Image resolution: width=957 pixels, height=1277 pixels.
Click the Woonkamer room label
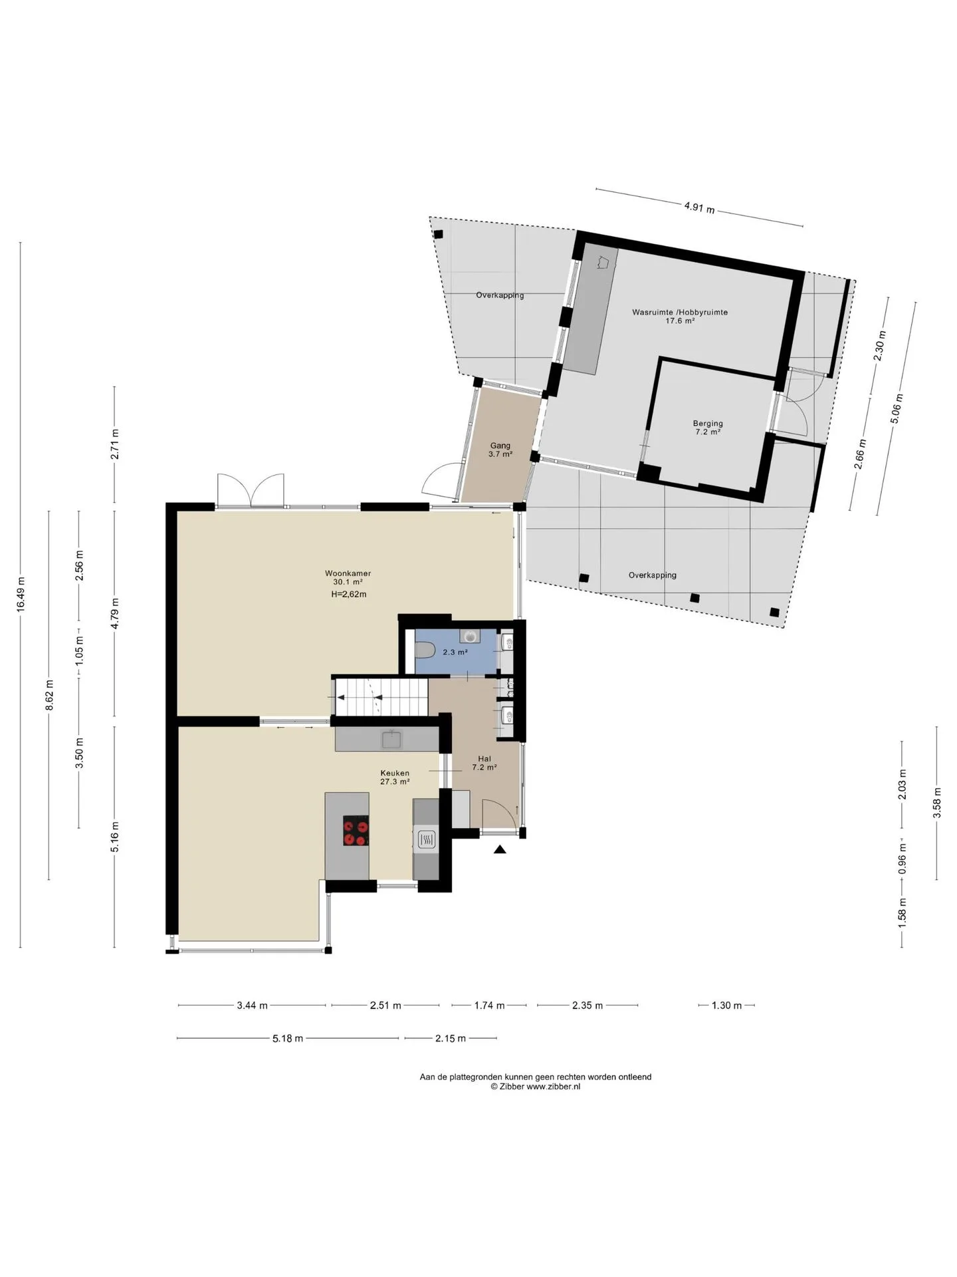(x=348, y=573)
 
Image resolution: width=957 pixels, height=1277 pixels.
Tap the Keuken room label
(x=395, y=773)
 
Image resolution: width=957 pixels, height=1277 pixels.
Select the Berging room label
(x=708, y=423)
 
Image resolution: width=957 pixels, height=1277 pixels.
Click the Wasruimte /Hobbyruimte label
(x=680, y=312)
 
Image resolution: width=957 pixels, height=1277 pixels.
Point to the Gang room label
(x=500, y=446)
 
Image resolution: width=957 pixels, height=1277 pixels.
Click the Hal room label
(x=484, y=758)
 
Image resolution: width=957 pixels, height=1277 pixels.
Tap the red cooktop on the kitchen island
(x=356, y=831)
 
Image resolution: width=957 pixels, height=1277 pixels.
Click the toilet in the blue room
(x=425, y=648)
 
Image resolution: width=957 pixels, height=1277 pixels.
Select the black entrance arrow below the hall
(x=500, y=849)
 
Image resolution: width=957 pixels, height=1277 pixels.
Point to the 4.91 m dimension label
(x=700, y=208)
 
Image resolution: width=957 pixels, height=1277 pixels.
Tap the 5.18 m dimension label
(x=288, y=1038)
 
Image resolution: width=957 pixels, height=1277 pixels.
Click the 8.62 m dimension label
(x=49, y=695)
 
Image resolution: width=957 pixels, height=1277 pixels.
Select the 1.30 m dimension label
(x=726, y=1005)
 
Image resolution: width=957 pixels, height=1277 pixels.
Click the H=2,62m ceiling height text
(x=349, y=594)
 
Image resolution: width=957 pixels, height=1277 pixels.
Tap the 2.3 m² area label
(x=455, y=652)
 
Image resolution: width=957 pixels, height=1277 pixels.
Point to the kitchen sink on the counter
(x=390, y=739)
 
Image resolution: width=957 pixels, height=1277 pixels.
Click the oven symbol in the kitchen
(x=425, y=841)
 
